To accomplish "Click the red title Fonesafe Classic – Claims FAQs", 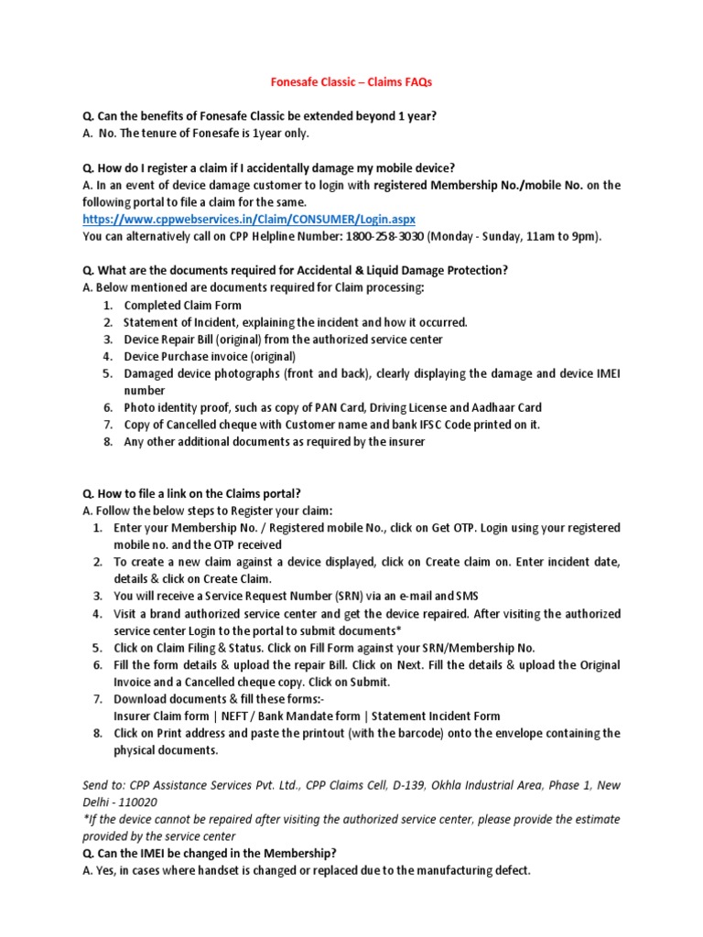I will tap(352, 82).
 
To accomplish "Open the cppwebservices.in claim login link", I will tap(248, 220).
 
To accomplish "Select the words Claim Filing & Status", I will tap(202, 647).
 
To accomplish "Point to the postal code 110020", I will tap(108, 801).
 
